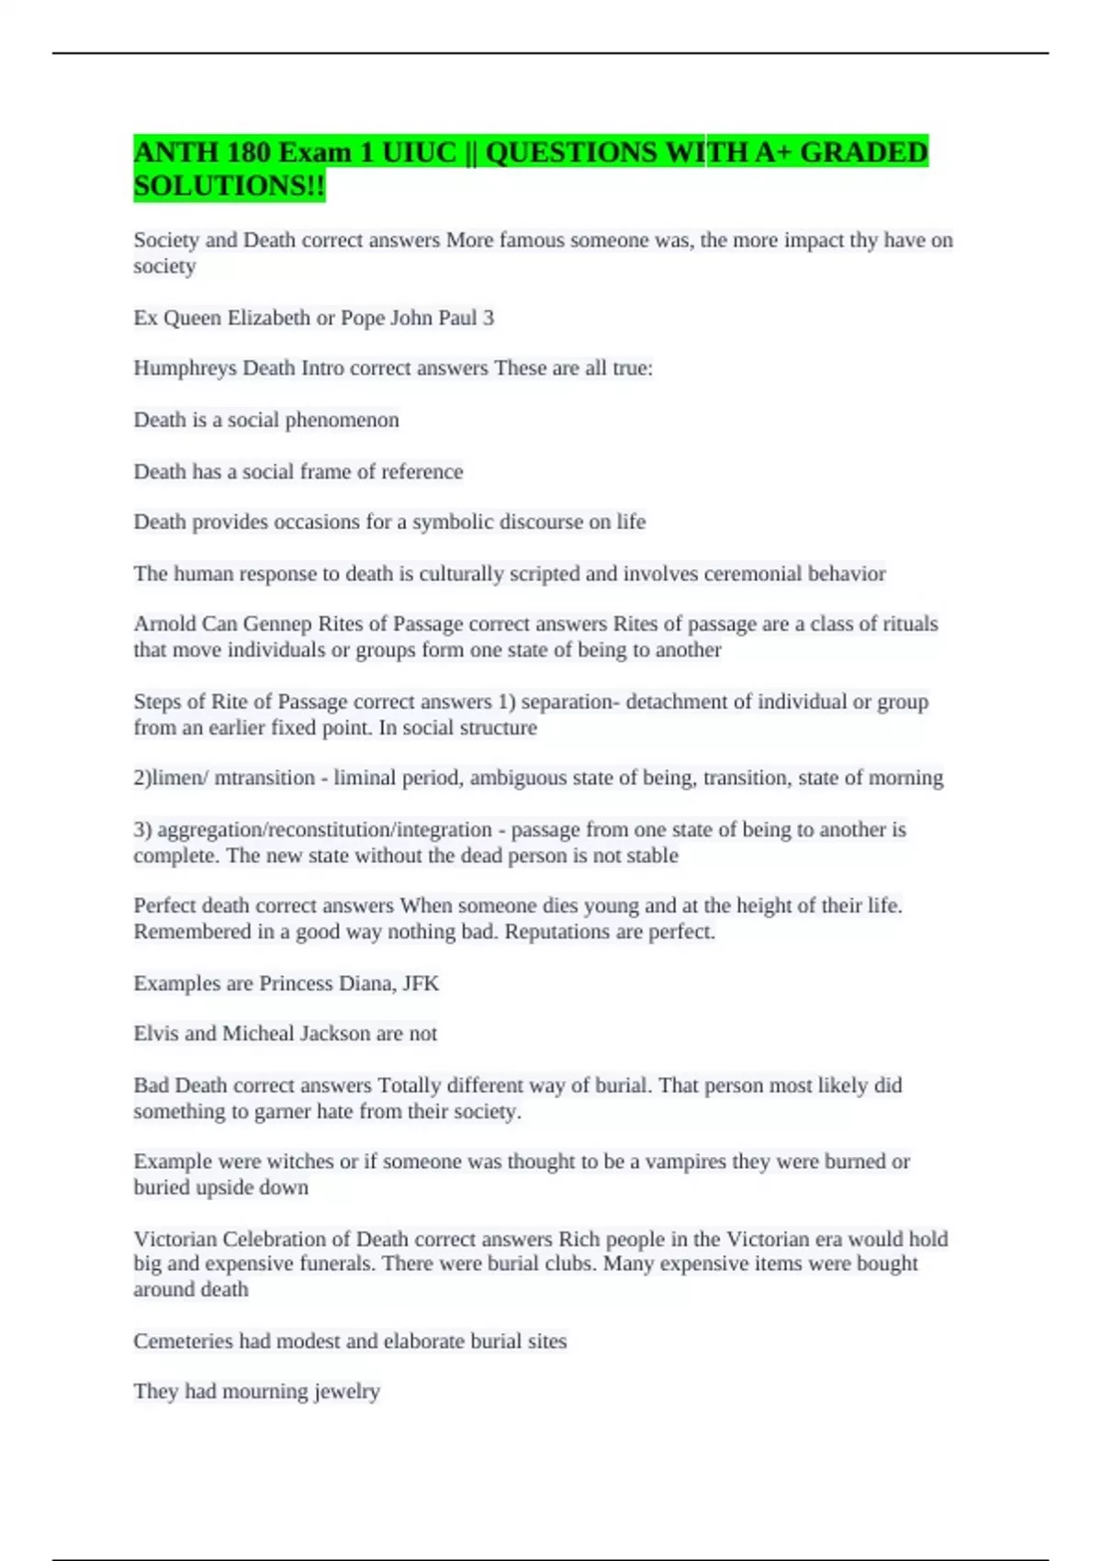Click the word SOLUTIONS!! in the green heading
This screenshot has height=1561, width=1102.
pos(229,186)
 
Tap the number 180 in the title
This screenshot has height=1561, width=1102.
pos(249,152)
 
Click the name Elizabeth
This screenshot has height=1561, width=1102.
pos(268,318)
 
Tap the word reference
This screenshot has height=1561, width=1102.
pos(418,471)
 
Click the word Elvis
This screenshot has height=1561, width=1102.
pos(155,1034)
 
